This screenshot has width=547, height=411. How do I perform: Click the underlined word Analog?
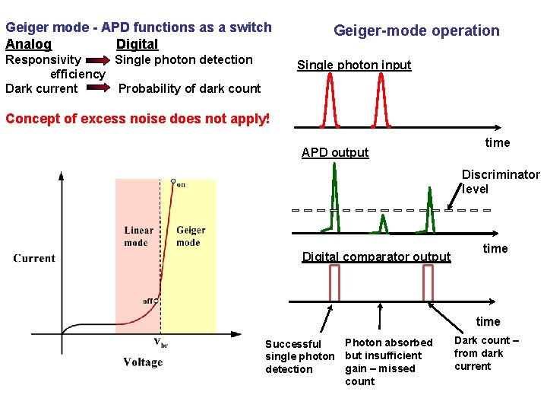coord(28,44)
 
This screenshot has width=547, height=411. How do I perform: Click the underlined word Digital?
coord(137,44)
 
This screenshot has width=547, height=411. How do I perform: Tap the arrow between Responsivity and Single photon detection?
coord(98,60)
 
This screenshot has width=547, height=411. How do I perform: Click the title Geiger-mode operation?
coord(416,31)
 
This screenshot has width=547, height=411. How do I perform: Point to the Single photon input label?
coord(353,65)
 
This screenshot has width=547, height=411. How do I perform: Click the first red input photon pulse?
coord(330,99)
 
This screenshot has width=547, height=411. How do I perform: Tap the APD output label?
coord(334,153)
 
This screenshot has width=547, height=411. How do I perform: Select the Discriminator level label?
coord(500,182)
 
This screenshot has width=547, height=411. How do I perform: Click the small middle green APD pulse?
coord(383,223)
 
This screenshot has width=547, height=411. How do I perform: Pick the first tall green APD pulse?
coord(334,198)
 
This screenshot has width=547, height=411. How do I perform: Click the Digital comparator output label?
coord(376,257)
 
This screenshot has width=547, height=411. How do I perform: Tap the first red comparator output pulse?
coord(334,283)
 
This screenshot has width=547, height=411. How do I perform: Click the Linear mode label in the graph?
coord(138,236)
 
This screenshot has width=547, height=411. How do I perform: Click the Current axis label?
coord(34,258)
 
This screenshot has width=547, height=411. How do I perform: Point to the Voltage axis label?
coord(143,362)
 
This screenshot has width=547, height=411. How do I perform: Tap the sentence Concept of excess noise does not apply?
coord(138,119)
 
